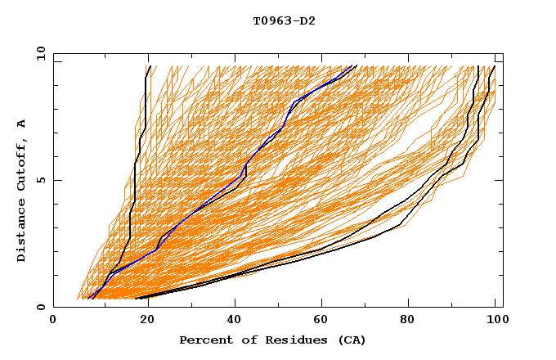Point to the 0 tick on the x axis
pos(53,322)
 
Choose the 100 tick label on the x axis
pos(496,322)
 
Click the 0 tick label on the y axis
pos(41,308)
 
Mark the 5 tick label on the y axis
pos(41,180)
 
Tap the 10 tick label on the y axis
pos(38,52)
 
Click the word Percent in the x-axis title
pos(204,340)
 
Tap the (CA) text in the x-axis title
pos(352,340)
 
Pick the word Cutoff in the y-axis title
pos(21,164)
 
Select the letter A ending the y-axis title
pos(21,123)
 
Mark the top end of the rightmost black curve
pos(494,67)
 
